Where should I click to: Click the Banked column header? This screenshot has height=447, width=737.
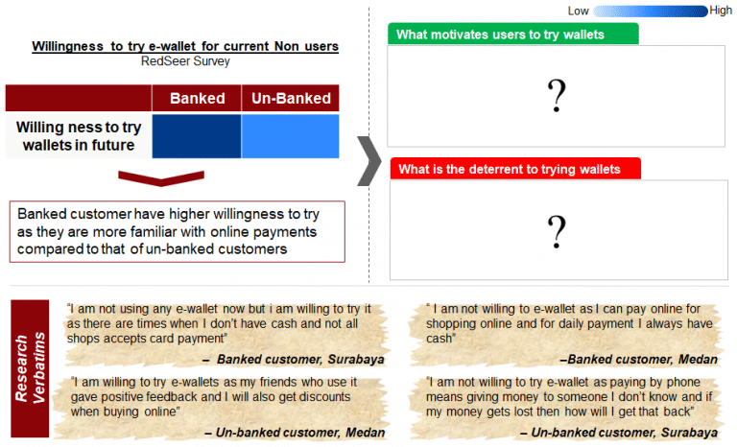pos(197,98)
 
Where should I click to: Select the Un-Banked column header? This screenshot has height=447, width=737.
pos(291,98)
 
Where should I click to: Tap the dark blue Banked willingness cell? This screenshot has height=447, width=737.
pos(197,136)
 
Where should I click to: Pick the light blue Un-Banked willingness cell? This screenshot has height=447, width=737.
pos(291,136)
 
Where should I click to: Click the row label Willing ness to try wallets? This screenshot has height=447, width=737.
pos(79,136)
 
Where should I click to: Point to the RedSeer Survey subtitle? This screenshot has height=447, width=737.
pos(185,61)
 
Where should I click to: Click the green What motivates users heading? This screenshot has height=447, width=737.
pos(513,35)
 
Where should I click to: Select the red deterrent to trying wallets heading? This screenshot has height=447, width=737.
pos(515,169)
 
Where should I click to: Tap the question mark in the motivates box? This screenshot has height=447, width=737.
pos(557,95)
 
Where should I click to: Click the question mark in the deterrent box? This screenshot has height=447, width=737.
pos(557,232)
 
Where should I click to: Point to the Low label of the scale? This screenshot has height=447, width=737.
pos(578,11)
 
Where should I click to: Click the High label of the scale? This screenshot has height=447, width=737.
pos(721,11)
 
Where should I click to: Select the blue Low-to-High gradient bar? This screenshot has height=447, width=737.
pos(650,11)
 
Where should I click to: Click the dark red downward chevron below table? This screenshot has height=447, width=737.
pos(161,178)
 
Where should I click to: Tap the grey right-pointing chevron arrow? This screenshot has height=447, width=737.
pos(369,161)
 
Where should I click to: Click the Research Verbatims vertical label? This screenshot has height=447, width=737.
pos(30,368)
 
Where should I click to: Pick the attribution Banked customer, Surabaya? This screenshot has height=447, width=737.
pos(294,360)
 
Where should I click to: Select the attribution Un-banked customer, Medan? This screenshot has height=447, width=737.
pos(295,433)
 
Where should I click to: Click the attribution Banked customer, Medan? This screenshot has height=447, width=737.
pos(638,360)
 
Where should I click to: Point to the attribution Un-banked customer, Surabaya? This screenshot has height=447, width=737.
pos(619,433)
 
